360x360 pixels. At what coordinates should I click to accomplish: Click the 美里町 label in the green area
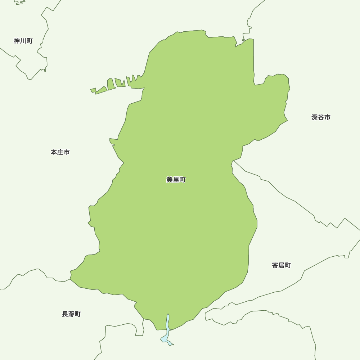point(176,180)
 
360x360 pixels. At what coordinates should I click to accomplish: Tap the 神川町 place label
point(23,41)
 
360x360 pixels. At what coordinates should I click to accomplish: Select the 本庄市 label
point(60,152)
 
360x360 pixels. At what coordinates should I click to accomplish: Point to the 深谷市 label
point(321,117)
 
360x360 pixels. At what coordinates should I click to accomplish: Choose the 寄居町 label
point(281,265)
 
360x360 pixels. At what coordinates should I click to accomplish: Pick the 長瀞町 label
point(71,314)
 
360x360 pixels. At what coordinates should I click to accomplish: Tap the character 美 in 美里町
point(170,180)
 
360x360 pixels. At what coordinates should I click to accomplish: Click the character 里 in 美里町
point(176,180)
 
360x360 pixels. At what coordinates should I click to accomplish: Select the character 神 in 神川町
point(17,41)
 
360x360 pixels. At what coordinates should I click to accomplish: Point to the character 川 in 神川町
point(23,41)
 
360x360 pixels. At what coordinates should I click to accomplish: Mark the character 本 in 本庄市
point(54,152)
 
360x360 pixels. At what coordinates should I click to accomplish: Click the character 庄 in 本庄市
point(60,152)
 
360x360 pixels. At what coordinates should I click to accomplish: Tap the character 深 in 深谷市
point(315,117)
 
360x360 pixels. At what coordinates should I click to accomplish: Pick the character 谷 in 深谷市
point(321,117)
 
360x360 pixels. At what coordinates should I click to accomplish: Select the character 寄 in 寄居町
point(275,265)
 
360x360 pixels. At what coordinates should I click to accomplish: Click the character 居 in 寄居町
point(281,265)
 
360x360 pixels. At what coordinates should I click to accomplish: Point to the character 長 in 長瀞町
point(65,314)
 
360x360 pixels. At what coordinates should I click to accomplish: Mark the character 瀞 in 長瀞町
point(71,314)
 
